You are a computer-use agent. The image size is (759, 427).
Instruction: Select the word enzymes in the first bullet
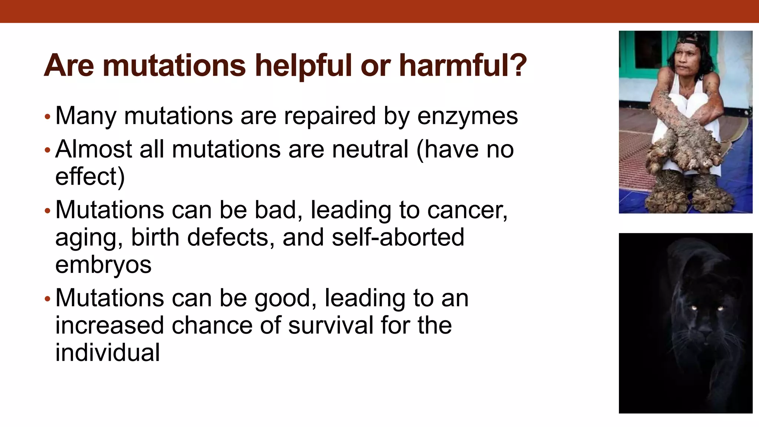[x=467, y=116]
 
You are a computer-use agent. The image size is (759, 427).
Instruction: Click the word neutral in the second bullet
[x=370, y=149]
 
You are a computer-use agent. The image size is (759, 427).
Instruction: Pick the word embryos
[x=103, y=265]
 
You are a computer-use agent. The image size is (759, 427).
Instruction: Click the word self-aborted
[x=398, y=237]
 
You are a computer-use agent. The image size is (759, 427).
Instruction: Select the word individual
[x=107, y=352]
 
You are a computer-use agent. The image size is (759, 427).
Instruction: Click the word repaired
[x=329, y=116]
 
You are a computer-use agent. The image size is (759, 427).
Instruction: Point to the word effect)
[x=90, y=176]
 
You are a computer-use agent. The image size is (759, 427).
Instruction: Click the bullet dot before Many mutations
[x=47, y=117]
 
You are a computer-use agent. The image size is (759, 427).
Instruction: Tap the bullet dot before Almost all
[x=47, y=150]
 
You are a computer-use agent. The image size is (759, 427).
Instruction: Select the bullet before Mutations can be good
[x=47, y=299]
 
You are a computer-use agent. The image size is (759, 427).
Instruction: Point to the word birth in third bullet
[x=155, y=237]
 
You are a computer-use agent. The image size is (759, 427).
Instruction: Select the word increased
[x=110, y=325]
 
